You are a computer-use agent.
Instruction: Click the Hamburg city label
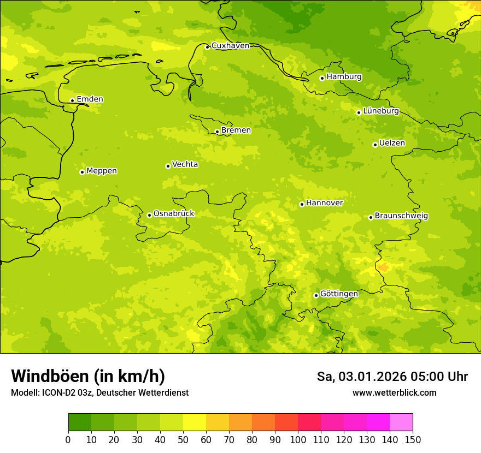click(x=344, y=77)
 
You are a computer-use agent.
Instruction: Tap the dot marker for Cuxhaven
click(x=207, y=47)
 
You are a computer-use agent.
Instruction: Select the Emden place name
click(x=90, y=99)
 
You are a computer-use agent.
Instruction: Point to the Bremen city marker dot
click(x=217, y=132)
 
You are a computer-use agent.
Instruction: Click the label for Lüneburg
click(x=380, y=111)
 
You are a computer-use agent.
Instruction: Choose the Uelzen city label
click(x=392, y=143)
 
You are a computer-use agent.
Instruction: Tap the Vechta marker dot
click(x=168, y=166)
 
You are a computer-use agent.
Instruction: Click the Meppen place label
click(x=102, y=171)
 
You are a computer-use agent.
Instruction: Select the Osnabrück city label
click(x=174, y=213)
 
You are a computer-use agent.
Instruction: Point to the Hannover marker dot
click(x=302, y=205)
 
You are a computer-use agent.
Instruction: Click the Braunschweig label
click(x=401, y=216)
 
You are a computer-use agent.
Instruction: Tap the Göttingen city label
click(x=339, y=294)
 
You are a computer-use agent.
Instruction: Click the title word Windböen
click(x=50, y=376)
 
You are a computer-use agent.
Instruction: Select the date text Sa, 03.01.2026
click(x=362, y=377)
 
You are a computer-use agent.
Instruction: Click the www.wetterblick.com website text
click(x=394, y=392)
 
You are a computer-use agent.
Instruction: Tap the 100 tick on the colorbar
click(x=298, y=439)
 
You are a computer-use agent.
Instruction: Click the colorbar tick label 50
click(x=183, y=439)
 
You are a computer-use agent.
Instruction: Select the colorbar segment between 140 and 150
click(x=401, y=422)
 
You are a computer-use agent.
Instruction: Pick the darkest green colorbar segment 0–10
click(x=80, y=422)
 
